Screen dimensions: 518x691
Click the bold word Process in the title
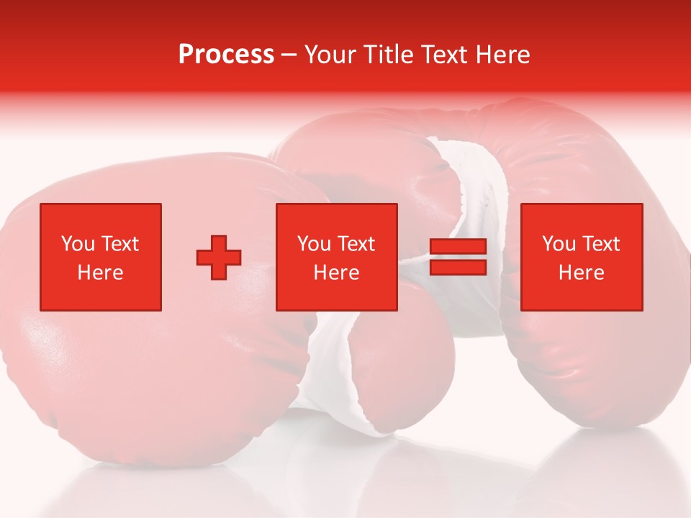click(x=226, y=54)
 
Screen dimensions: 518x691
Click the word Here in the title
click(x=503, y=55)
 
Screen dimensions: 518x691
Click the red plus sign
click(x=219, y=258)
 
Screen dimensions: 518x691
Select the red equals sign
click(x=458, y=257)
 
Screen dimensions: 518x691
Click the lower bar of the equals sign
click(x=458, y=267)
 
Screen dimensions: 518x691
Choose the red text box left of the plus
click(x=101, y=257)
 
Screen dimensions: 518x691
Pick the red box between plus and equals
click(x=337, y=257)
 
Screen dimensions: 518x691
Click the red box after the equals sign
click(x=582, y=257)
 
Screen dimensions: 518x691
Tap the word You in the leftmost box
click(x=78, y=244)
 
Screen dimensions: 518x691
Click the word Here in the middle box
click(x=337, y=273)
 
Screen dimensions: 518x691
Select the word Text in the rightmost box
click(x=602, y=244)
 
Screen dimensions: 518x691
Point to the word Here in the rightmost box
click(x=582, y=273)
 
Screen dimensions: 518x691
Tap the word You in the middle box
click(x=314, y=244)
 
